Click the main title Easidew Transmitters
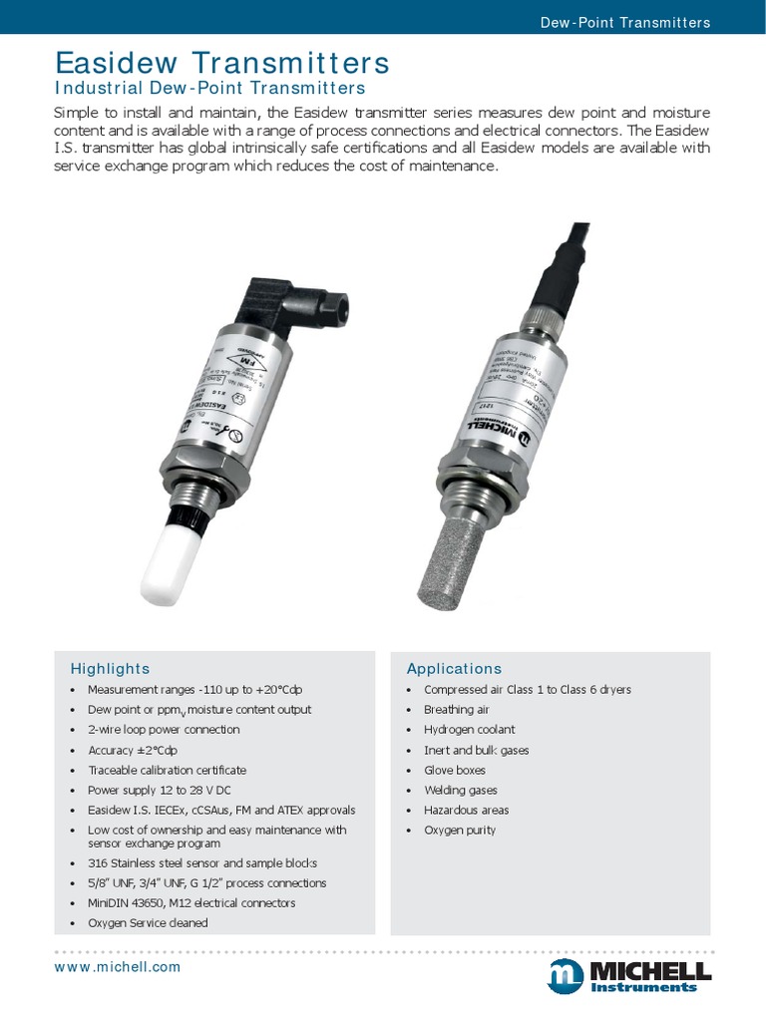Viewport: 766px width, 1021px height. click(221, 63)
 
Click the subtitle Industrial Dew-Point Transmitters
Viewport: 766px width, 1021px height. click(209, 89)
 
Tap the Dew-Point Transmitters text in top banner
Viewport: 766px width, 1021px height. click(624, 22)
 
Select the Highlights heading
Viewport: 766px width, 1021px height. click(110, 668)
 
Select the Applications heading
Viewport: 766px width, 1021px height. click(454, 668)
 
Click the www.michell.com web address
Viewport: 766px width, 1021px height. click(118, 967)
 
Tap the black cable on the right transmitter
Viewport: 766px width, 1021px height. click(553, 269)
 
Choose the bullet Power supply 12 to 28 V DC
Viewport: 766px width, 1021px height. click(159, 790)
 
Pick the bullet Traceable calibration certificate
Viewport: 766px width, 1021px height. click(167, 770)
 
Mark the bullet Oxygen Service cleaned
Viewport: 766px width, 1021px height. click(148, 922)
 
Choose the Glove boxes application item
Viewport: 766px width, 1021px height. click(455, 770)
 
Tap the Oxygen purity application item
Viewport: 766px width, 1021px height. click(459, 830)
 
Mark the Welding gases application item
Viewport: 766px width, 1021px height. click(460, 790)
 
